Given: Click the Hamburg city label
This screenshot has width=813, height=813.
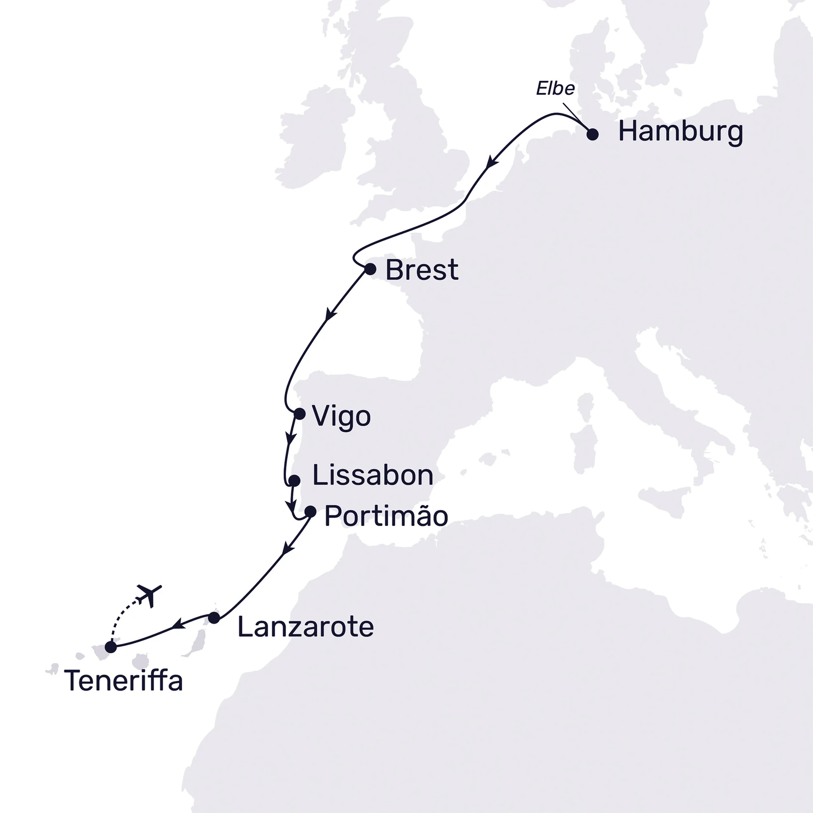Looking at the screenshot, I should [x=680, y=132].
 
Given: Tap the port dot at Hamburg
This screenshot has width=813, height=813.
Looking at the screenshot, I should [x=592, y=135].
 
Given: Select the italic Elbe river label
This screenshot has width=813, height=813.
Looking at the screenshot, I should [x=556, y=89].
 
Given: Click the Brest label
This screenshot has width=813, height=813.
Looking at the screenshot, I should [x=422, y=270].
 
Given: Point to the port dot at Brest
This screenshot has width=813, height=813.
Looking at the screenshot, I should [x=370, y=269].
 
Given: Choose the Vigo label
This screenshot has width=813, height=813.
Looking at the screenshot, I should [x=342, y=416].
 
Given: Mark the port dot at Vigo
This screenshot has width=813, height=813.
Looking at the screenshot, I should [x=300, y=414].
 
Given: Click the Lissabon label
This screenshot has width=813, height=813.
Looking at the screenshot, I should [x=373, y=475].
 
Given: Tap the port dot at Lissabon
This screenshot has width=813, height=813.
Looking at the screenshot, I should [x=294, y=481].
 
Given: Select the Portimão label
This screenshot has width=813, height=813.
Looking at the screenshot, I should [x=386, y=516].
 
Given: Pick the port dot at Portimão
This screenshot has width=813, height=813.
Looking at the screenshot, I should [x=310, y=512].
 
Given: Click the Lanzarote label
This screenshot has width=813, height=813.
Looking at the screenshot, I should [x=305, y=627].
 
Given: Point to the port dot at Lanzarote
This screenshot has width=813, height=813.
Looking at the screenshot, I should [x=214, y=617].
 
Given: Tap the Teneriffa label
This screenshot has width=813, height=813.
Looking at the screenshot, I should [x=123, y=681].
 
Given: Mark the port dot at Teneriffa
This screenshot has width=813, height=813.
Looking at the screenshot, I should [x=111, y=647].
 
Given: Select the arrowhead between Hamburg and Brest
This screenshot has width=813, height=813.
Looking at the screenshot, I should [x=492, y=162].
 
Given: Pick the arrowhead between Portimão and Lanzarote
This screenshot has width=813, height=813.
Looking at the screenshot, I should [x=288, y=549].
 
